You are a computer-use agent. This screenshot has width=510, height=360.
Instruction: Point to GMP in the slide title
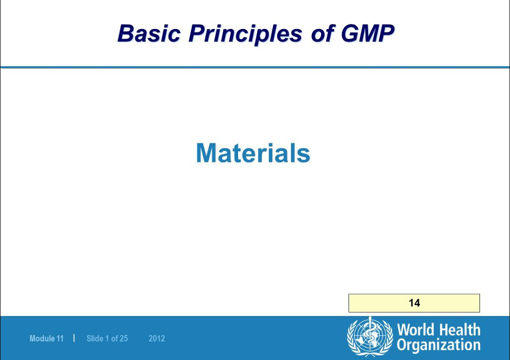click(x=367, y=33)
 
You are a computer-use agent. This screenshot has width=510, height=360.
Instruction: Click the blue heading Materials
click(x=253, y=153)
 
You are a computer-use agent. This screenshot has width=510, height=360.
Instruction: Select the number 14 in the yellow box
click(x=414, y=303)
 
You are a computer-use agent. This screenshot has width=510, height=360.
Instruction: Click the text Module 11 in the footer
click(x=46, y=338)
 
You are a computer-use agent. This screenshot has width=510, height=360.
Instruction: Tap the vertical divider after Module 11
click(x=74, y=338)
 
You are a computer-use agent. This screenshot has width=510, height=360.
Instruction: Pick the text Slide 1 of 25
click(x=107, y=338)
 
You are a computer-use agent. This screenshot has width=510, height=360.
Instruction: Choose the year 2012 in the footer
click(x=156, y=338)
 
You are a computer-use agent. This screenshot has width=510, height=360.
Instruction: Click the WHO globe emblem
click(x=370, y=336)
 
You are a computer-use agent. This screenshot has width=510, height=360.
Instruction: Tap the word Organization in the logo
click(x=438, y=345)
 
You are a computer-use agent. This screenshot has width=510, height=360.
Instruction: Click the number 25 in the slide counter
click(x=123, y=338)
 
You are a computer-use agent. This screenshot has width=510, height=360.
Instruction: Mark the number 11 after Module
click(x=60, y=338)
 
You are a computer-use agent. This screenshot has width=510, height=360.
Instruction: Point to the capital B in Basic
click(x=126, y=33)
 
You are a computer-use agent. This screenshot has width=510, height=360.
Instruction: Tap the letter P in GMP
click(x=385, y=33)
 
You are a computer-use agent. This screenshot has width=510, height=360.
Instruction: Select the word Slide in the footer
click(x=94, y=338)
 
